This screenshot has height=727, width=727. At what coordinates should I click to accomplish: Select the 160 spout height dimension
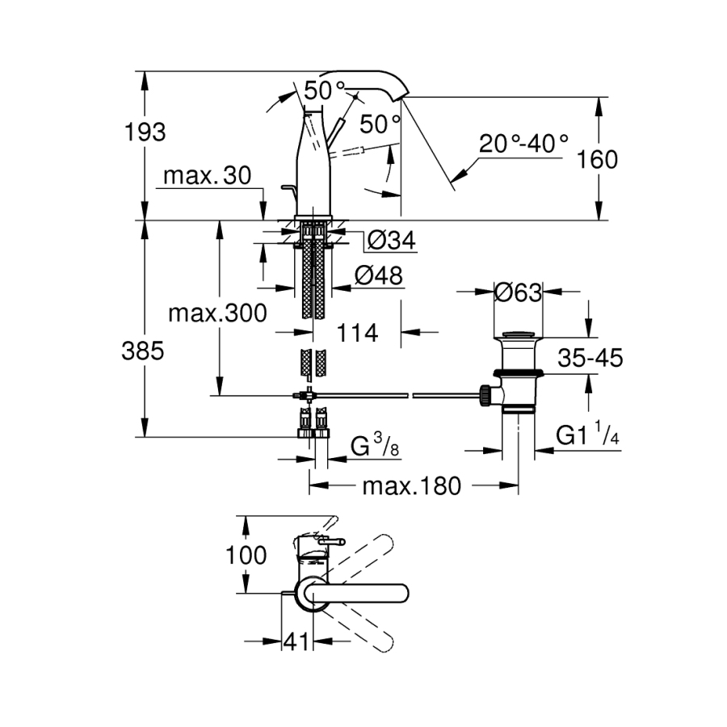[599, 159]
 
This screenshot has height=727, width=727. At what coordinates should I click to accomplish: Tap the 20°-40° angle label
[523, 144]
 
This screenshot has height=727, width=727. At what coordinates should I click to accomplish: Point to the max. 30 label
[207, 176]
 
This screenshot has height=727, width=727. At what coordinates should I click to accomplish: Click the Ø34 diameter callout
[391, 240]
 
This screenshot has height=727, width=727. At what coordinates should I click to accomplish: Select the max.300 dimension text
[217, 313]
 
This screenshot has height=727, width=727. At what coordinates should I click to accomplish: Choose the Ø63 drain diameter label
[517, 292]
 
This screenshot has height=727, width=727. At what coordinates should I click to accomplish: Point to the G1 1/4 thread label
[587, 437]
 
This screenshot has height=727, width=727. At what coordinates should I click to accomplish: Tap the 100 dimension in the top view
[246, 556]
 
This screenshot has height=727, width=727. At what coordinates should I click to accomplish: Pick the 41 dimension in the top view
[297, 642]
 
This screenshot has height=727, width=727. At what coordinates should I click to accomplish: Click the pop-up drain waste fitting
[518, 372]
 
